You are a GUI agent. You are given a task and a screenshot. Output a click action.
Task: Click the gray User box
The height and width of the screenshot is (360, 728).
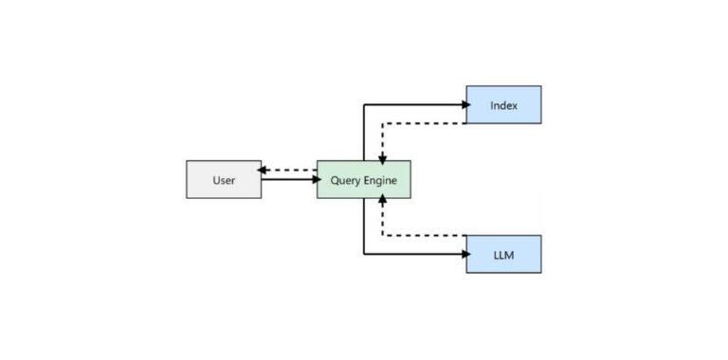click(x=223, y=179)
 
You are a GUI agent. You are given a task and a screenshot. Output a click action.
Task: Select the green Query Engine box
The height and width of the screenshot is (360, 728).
click(x=363, y=179)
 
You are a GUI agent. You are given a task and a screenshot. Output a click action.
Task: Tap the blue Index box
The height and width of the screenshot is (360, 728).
click(x=503, y=104)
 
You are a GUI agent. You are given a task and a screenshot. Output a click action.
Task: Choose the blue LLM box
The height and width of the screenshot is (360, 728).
click(x=503, y=254)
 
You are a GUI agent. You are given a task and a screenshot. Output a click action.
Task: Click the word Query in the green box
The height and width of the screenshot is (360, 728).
click(x=344, y=179)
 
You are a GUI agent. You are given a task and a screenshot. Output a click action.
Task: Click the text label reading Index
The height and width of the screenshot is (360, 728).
click(x=503, y=104)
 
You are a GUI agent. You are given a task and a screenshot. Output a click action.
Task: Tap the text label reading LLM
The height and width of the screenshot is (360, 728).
click(x=503, y=254)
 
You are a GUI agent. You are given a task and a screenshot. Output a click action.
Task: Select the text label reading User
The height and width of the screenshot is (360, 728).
click(x=223, y=179)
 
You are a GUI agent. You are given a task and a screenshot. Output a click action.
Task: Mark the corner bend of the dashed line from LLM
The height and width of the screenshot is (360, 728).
click(x=382, y=235)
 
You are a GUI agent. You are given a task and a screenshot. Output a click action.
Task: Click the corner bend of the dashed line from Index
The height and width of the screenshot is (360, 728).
click(x=382, y=123)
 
